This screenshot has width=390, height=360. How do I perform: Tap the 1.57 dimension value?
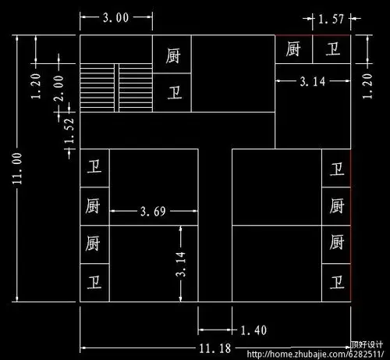pyautogui.click(x=330, y=17)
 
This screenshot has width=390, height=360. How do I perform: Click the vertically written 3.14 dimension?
pyautogui.click(x=181, y=265)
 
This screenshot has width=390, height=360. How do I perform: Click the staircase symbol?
pyautogui.click(x=116, y=88)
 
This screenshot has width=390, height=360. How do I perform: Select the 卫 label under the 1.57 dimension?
pyautogui.click(x=332, y=50)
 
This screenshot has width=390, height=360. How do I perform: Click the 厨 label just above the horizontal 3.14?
pyautogui.click(x=294, y=50)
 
